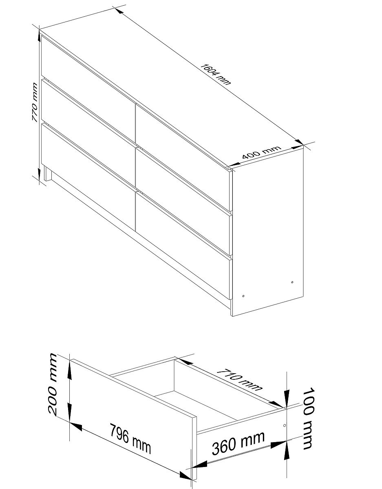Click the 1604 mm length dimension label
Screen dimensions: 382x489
pos(215,75)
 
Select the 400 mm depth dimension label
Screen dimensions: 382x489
pos(262,152)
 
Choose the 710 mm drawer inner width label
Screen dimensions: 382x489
pos(239,380)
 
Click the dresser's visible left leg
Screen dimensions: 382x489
pos(48,174)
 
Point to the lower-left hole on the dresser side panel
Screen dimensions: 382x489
pos(243,296)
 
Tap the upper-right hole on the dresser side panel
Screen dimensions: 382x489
pos(292,282)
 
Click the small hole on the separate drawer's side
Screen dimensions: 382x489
pos(285,425)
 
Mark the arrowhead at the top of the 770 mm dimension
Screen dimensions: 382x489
pos(40,33)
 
